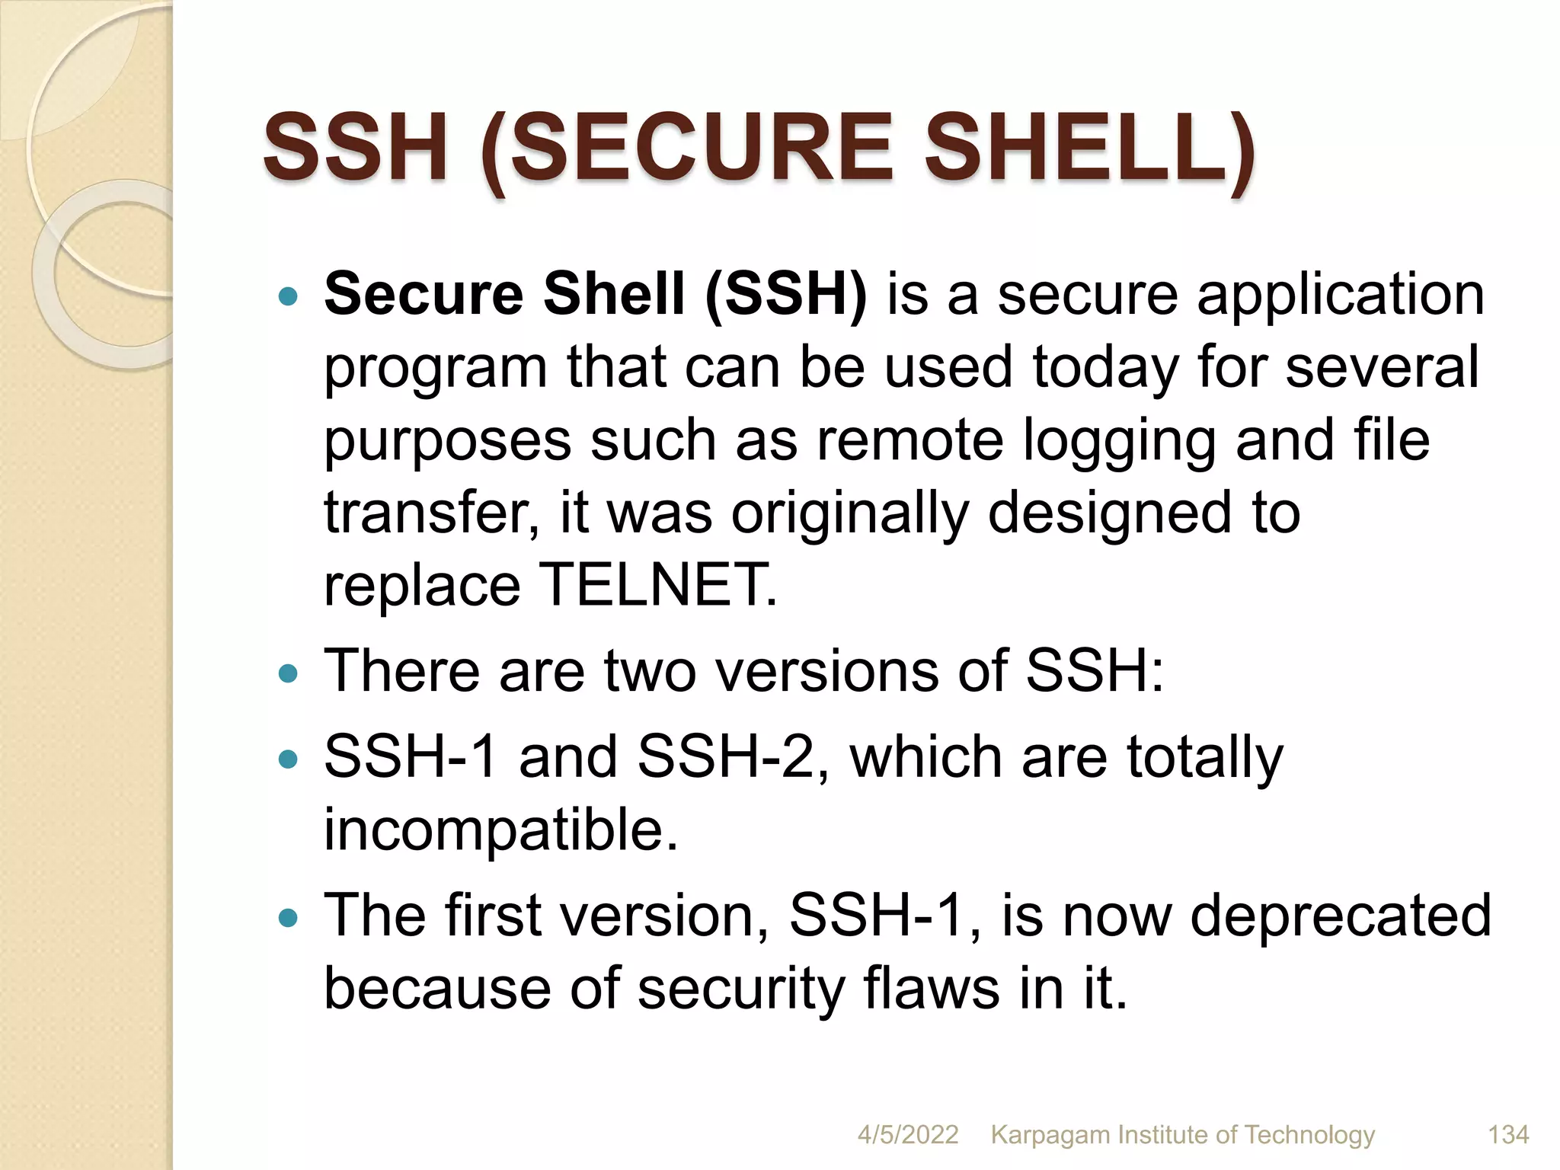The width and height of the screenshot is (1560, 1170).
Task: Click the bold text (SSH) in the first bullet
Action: pos(786,294)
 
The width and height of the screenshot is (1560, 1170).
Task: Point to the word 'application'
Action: pos(1341,296)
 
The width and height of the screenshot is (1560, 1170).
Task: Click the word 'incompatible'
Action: pos(499,830)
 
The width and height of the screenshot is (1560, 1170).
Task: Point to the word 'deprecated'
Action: pos(1340,916)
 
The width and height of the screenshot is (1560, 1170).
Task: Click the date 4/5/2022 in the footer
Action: pos(907,1135)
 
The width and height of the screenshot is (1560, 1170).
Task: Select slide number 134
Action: pos(1508,1135)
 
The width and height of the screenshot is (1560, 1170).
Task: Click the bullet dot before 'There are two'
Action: pos(288,673)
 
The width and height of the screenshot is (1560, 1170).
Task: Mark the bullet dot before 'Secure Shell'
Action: pos(288,296)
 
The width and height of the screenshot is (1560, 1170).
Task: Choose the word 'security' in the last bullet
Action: pos(741,989)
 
